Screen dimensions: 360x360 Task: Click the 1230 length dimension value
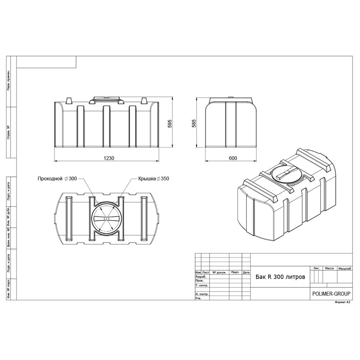(x=109, y=158)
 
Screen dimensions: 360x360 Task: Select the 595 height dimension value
(x=170, y=123)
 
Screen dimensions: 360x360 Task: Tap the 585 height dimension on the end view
(x=194, y=123)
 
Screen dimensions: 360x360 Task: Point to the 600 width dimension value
(x=233, y=158)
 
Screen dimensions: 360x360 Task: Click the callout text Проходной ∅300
(x=57, y=179)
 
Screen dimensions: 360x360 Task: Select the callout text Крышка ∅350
(x=154, y=179)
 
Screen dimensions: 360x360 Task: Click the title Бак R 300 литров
(x=280, y=277)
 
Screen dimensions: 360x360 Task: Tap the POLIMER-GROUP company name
(x=331, y=294)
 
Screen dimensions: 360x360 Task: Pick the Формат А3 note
(x=342, y=302)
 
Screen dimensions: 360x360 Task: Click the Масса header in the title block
(x=329, y=268)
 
